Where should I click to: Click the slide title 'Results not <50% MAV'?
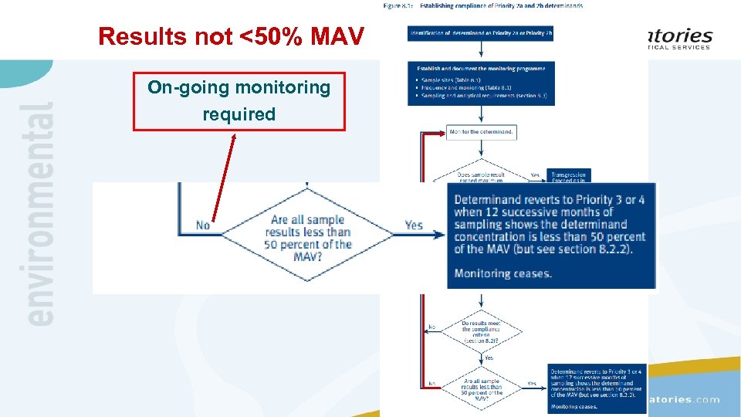coord(231,36)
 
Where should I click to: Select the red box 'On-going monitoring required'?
coord(239,101)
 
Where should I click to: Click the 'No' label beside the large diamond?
coord(203,225)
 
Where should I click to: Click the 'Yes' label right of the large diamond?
coord(414,225)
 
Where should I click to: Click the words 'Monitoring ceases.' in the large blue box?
coord(502,273)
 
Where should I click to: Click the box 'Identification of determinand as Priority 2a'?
coord(481,34)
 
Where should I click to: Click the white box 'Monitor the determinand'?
coord(481,132)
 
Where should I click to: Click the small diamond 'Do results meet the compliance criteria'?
coord(481,331)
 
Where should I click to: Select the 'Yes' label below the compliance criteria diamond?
coord(488,358)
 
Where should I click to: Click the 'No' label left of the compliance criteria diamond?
coord(431,327)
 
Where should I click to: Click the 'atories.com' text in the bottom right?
coord(683,399)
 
